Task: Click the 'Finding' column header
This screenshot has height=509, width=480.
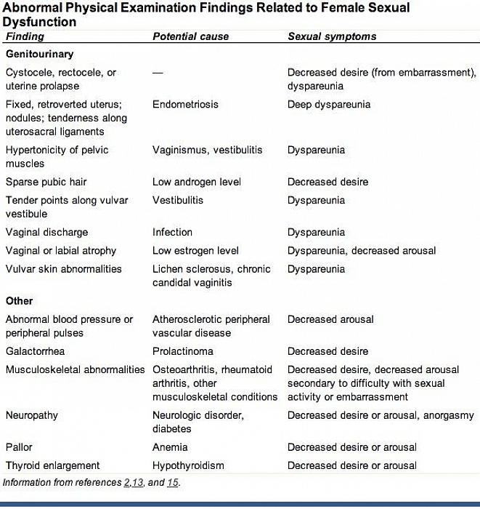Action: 25,36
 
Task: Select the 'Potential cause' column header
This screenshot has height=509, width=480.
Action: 190,36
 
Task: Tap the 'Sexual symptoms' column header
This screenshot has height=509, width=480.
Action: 332,36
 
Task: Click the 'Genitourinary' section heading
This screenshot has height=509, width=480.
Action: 39,55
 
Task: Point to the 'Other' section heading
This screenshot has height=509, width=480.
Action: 19,301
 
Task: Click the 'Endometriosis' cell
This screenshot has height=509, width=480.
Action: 185,105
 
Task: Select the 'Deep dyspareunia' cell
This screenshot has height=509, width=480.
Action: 329,105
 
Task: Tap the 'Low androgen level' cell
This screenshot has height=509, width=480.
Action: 196,182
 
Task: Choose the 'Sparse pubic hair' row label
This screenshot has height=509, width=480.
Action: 46,182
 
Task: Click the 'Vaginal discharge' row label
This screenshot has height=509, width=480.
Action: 46,233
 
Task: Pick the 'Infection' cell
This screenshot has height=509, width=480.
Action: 172,233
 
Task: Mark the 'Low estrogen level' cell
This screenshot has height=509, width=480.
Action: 195,251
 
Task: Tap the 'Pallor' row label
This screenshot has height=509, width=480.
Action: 19,447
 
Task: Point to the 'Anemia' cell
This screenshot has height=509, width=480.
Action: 170,447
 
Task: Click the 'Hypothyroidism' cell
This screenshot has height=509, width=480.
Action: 188,465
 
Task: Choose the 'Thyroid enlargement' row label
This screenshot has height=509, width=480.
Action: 52,465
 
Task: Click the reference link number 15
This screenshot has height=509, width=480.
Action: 172,482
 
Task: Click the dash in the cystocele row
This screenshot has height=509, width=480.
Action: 158,73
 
